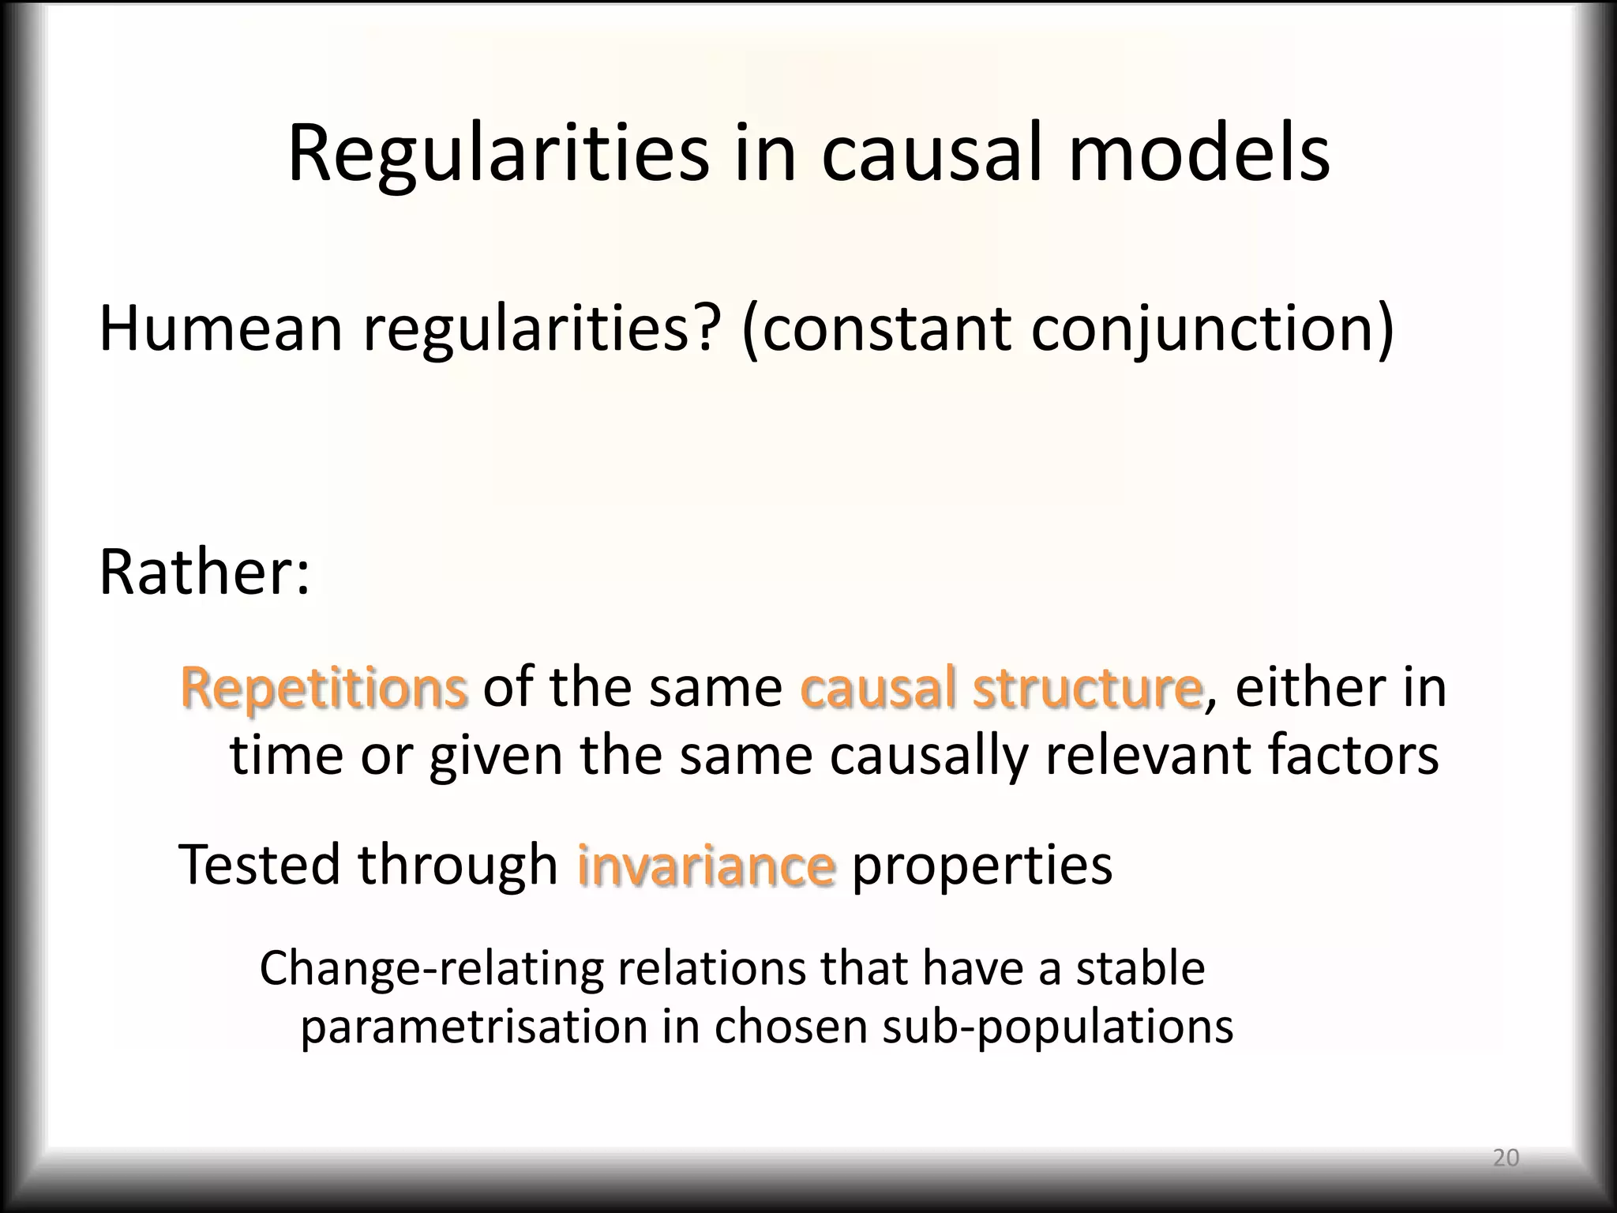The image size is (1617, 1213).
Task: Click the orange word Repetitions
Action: (x=324, y=687)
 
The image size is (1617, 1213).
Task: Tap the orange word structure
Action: (x=1087, y=687)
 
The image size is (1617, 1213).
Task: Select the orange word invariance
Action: (x=706, y=865)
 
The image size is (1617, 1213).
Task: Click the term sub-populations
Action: (x=1057, y=1027)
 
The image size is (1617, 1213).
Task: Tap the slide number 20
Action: (x=1506, y=1158)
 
